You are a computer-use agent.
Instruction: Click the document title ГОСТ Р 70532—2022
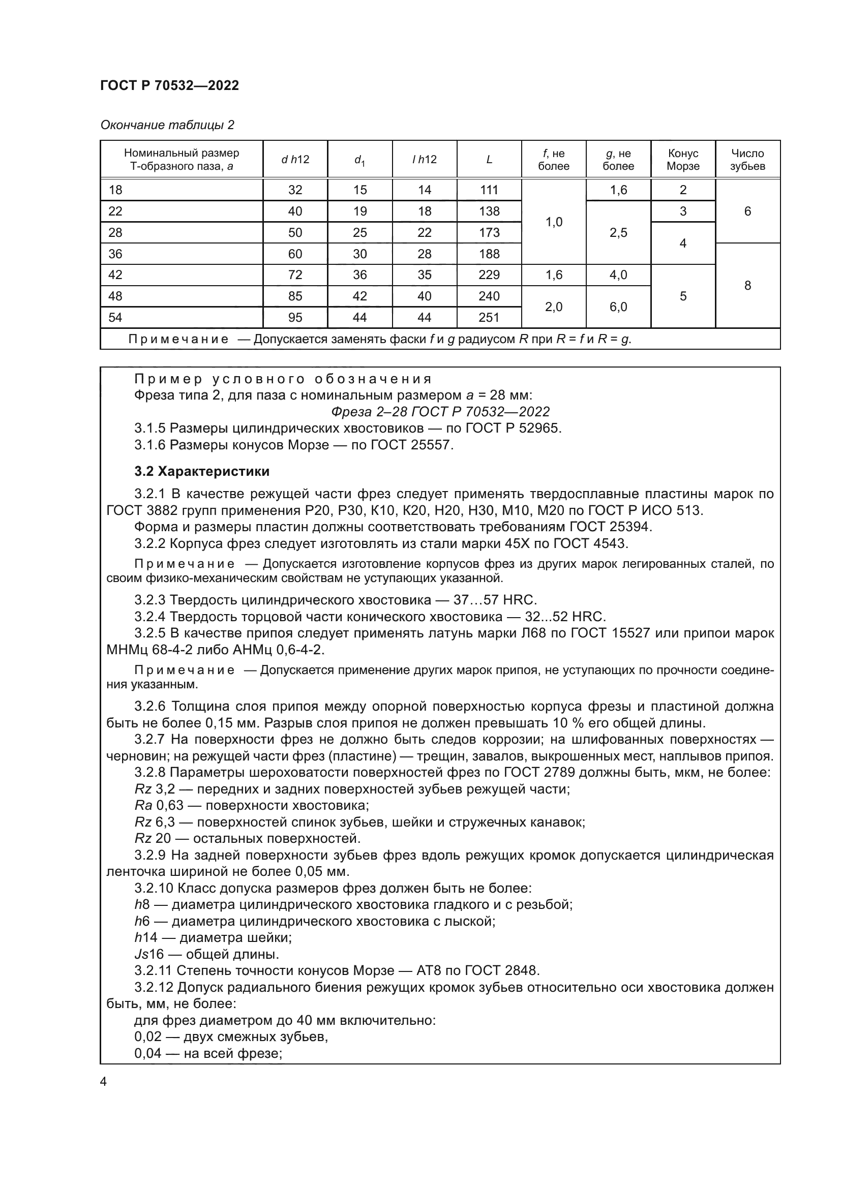tap(169, 85)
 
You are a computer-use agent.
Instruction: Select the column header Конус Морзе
tap(682, 160)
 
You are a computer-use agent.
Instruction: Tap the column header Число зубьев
tap(747, 160)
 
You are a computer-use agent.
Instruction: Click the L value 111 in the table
tap(489, 190)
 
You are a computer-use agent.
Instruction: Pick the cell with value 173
tap(489, 232)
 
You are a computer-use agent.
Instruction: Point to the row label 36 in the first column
tap(115, 254)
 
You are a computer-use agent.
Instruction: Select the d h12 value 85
tap(295, 296)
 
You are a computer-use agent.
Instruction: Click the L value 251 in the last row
tap(489, 317)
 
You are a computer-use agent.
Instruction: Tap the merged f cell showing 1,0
tap(554, 222)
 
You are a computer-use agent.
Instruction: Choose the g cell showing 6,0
tap(618, 307)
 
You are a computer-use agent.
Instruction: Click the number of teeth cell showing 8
tap(747, 285)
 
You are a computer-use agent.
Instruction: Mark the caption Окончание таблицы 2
tap(167, 125)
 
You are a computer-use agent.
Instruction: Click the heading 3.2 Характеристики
tap(202, 471)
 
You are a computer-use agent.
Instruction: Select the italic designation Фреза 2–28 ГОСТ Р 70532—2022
tap(440, 412)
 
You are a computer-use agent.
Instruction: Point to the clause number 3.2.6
tap(151, 707)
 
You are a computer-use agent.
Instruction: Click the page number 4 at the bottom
tap(104, 1081)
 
